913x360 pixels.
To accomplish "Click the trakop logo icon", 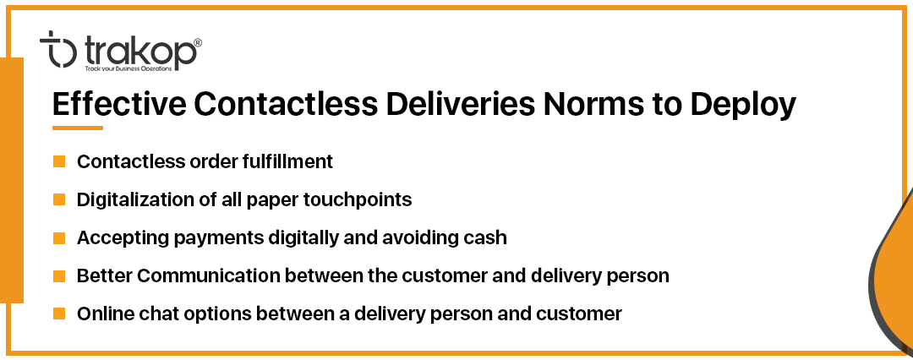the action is pos(57,49).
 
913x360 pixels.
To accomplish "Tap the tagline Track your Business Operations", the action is pos(128,68).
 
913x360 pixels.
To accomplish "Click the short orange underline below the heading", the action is pos(78,128).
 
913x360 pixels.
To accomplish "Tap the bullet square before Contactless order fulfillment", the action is pos(59,161).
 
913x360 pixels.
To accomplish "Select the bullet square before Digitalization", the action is pos(59,199).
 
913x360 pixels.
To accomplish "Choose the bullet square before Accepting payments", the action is pos(59,238).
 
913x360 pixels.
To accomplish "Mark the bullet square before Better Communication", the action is pos(59,276).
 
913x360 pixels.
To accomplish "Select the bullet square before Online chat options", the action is pos(59,314).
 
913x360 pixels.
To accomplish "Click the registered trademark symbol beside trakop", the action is pos(197,43).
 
